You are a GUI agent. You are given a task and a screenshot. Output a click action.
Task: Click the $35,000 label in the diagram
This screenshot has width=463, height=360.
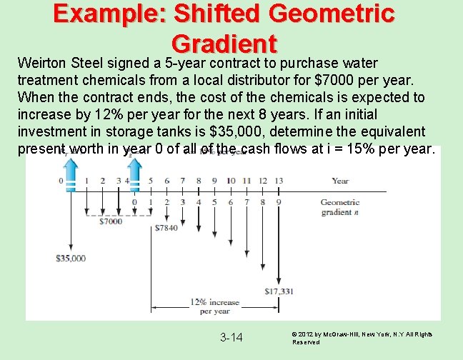click(x=71, y=258)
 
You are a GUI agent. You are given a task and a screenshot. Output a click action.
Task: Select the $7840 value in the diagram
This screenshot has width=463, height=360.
click(x=168, y=229)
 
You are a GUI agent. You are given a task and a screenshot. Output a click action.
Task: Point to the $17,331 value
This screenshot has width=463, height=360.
click(x=279, y=291)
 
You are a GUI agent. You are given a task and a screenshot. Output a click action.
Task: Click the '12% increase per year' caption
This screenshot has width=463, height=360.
click(x=215, y=306)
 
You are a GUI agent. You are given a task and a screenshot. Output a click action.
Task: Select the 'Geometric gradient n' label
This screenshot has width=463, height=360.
click(x=339, y=207)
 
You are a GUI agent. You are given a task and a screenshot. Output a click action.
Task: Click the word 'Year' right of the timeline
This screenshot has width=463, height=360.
click(x=340, y=181)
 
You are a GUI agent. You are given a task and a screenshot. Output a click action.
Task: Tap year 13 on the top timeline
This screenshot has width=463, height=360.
click(x=279, y=181)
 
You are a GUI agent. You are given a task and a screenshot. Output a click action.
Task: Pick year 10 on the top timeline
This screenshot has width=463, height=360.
click(x=231, y=181)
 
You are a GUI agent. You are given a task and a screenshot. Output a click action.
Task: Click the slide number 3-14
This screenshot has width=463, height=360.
click(x=231, y=337)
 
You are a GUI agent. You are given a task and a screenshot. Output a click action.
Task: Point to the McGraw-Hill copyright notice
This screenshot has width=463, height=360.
click(x=362, y=338)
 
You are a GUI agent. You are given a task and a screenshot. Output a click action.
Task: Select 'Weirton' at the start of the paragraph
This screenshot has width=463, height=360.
click(x=41, y=63)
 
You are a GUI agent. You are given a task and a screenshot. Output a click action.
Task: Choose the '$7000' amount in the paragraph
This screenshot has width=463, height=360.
click(x=335, y=80)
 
